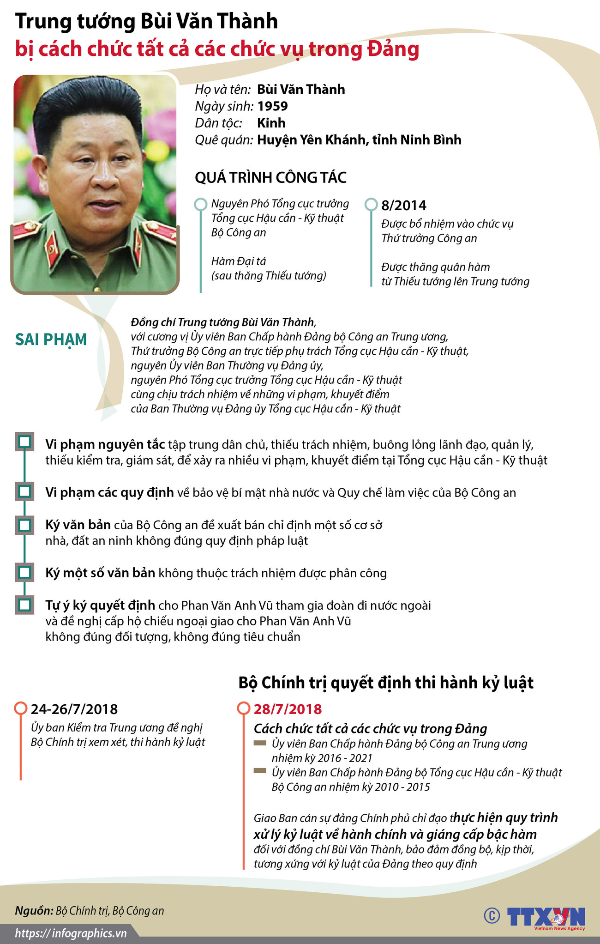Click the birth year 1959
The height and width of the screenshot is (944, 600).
point(272,106)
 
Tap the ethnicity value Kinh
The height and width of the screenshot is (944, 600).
point(271,123)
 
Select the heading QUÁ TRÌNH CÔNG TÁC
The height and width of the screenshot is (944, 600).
point(270,178)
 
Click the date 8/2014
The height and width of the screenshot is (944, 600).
point(404,206)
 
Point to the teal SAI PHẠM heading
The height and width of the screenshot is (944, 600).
point(51,339)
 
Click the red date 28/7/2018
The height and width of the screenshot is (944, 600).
point(288,709)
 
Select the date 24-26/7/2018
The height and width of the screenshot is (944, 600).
point(74,709)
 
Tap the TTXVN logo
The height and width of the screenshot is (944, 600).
point(546,916)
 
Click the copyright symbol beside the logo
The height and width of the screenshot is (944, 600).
point(492,915)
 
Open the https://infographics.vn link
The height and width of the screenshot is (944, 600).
point(71,933)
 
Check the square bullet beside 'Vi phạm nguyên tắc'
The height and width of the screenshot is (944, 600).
point(24,442)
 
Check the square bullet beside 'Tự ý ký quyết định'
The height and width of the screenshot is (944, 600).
point(24,605)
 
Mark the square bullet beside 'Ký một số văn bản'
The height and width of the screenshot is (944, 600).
point(24,572)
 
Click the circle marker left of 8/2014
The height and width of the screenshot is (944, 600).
point(371,204)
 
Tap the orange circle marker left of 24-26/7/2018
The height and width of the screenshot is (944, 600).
point(21,708)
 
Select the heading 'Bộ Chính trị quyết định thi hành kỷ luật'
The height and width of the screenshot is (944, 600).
point(386,683)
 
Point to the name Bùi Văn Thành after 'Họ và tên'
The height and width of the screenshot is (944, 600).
point(301,90)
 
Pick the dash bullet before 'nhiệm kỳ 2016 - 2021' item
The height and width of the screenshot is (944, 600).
point(260,743)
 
